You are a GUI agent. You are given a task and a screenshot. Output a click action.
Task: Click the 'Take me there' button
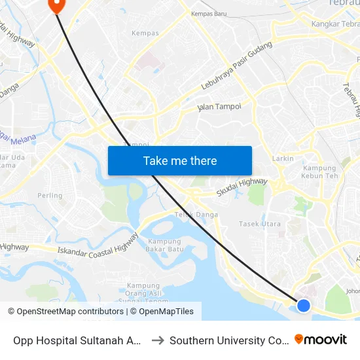pyautogui.click(x=180, y=161)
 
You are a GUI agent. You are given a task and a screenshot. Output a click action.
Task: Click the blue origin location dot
pyautogui.click(x=304, y=305)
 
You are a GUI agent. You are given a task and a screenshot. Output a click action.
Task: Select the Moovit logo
pyautogui.click(x=321, y=340)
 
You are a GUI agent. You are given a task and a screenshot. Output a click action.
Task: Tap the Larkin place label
pyautogui.click(x=283, y=158)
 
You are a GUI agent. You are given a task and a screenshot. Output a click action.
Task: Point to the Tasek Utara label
pyautogui.click(x=260, y=224)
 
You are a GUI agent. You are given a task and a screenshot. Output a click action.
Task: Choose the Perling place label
pyautogui.click(x=50, y=196)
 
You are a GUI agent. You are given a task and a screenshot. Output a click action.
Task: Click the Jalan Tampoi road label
pyautogui.click(x=219, y=107)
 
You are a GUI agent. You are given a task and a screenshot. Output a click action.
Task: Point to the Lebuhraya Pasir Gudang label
pyautogui.click(x=236, y=74)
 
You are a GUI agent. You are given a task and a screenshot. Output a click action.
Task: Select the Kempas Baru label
pyautogui.click(x=208, y=13)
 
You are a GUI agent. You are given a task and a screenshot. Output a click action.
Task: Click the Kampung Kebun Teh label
pyautogui.click(x=319, y=172)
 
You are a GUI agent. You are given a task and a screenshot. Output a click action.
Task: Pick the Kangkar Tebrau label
pyautogui.click(x=334, y=24)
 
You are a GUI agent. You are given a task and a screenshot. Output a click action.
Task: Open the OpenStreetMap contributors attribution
pyautogui.click(x=70, y=312)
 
